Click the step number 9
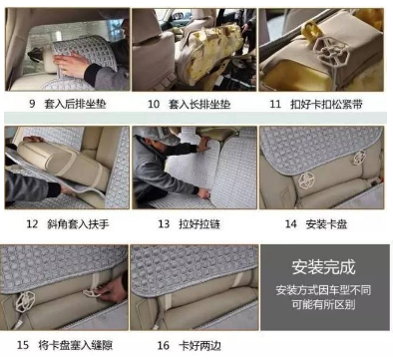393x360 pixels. [32, 104]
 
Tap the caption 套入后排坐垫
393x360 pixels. [75, 104]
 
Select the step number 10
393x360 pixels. [154, 104]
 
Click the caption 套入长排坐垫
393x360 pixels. [199, 104]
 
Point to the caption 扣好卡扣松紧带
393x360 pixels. [326, 104]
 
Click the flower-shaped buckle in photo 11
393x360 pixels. [331, 52]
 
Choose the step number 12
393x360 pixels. [32, 223]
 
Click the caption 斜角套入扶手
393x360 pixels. [78, 224]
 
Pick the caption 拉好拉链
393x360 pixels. [199, 224]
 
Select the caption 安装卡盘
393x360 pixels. [326, 224]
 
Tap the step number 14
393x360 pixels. [290, 223]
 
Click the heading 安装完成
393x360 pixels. [323, 267]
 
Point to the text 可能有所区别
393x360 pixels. [323, 304]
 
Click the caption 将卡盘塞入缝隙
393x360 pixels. [76, 345]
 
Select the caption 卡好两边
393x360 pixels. [199, 345]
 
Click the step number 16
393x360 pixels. [164, 345]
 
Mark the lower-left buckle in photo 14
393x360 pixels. [305, 180]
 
